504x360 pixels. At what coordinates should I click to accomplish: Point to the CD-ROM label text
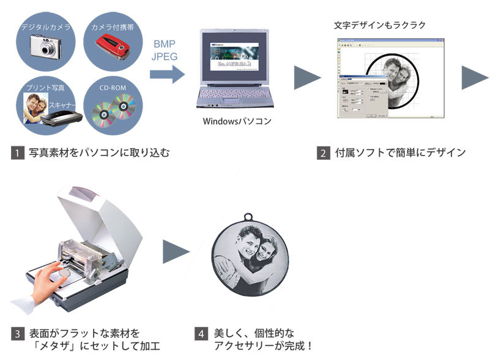click(113, 88)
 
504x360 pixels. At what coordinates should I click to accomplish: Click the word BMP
click(165, 43)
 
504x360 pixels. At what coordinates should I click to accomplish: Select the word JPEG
click(165, 56)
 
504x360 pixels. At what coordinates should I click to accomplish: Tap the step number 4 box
click(201, 334)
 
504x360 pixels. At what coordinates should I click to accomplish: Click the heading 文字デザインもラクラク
click(379, 25)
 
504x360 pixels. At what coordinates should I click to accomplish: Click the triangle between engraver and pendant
click(176, 251)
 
